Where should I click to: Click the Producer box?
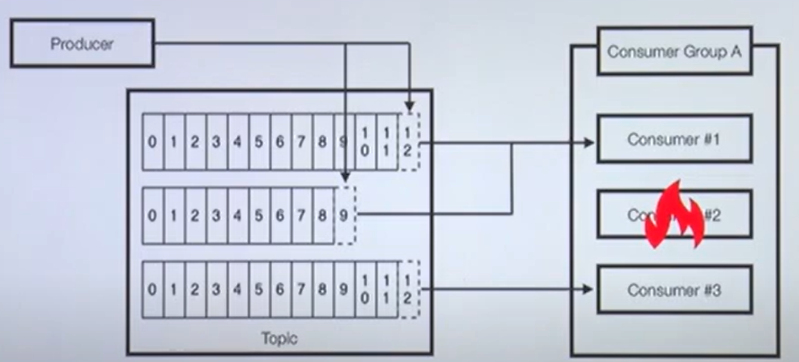[x=82, y=43]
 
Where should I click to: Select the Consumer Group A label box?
[x=674, y=51]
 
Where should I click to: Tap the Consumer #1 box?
[x=674, y=139]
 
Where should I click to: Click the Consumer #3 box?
[x=674, y=290]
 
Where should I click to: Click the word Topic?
[x=279, y=339]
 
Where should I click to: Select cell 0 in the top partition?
[x=153, y=142]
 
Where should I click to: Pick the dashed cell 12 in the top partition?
[x=408, y=142]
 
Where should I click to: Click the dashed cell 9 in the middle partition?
[x=344, y=215]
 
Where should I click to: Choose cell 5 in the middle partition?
[x=259, y=215]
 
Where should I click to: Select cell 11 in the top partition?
[x=387, y=142]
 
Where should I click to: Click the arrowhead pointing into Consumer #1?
[x=590, y=142]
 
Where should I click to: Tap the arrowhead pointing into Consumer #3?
[x=588, y=290]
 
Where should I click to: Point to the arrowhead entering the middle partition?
[x=345, y=178]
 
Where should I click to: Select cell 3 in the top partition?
[x=216, y=142]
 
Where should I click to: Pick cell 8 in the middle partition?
[x=323, y=215]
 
